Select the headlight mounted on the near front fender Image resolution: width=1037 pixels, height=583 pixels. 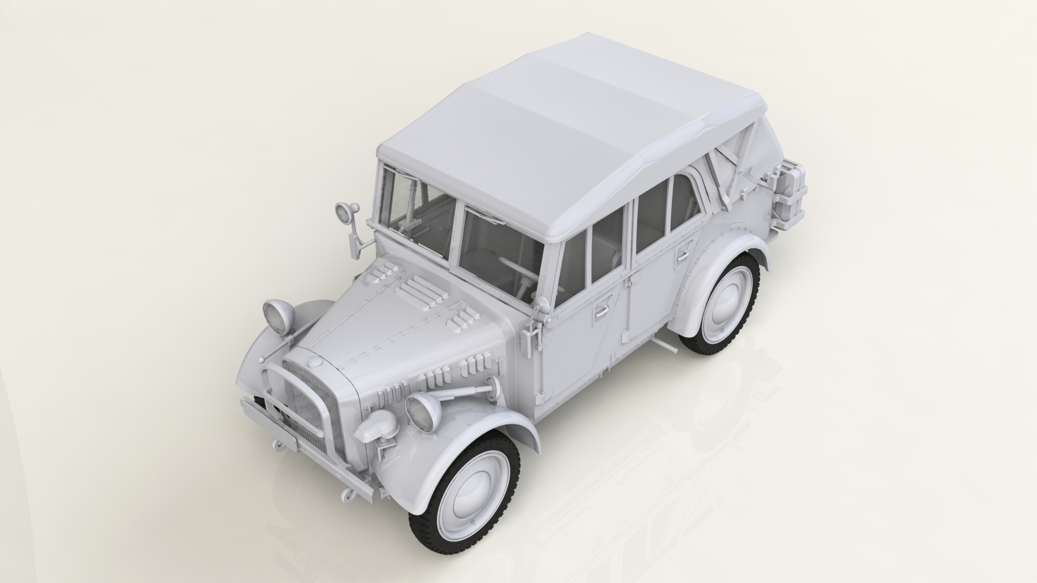click(423, 410)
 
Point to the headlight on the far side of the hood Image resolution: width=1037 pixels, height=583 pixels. click(277, 314)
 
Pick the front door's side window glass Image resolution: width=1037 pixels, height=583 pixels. click(570, 265)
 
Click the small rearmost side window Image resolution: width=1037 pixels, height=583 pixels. click(682, 202)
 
